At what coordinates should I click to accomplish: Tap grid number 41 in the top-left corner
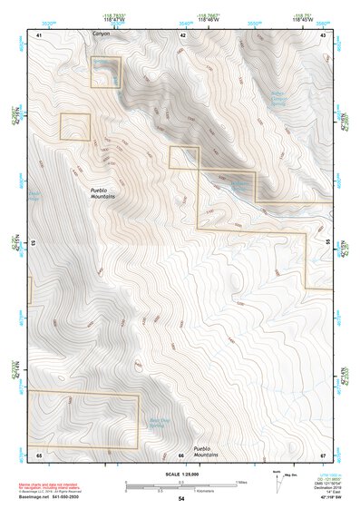point(39,34)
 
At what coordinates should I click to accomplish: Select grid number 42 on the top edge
point(183,34)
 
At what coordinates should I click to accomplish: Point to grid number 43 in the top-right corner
point(324,34)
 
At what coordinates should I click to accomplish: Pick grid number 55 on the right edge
point(327,243)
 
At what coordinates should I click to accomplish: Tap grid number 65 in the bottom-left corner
point(39,454)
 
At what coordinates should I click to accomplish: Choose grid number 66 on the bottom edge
point(181,454)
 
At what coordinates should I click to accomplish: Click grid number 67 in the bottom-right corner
point(323,454)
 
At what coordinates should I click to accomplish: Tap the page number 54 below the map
point(180,499)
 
